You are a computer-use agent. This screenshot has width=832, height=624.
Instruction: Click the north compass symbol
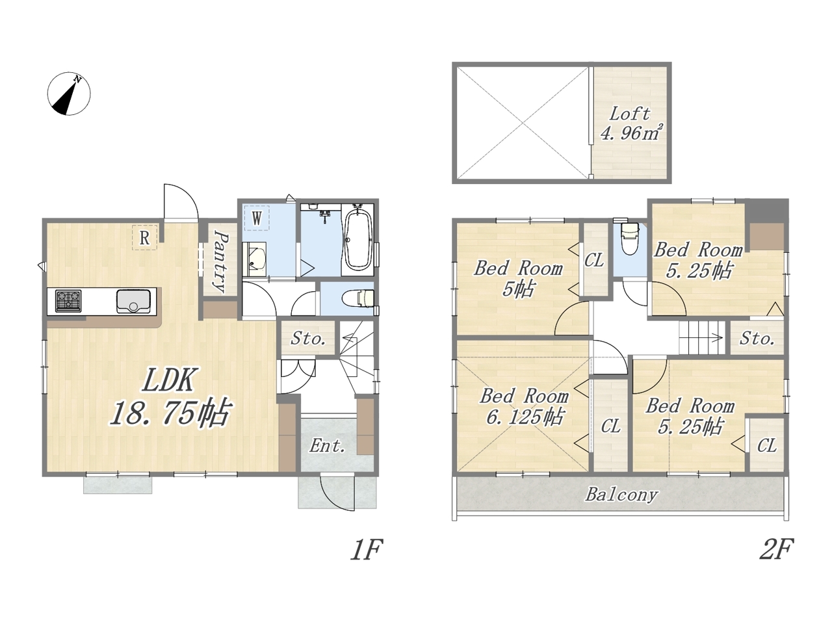tap(69, 93)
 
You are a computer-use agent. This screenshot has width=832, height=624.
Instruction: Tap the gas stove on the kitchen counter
tap(68, 301)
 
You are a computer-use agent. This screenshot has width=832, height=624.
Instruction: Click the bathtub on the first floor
tap(357, 240)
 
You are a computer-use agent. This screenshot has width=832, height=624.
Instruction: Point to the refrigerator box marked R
tap(144, 237)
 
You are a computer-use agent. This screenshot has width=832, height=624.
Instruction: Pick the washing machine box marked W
tap(257, 218)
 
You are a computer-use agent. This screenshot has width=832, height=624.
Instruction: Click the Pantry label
tap(220, 262)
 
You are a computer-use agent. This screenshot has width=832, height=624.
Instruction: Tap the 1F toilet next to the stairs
tap(359, 298)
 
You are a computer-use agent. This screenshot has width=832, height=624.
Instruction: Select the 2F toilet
tap(629, 239)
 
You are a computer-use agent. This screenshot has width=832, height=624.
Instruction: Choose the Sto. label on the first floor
tap(308, 339)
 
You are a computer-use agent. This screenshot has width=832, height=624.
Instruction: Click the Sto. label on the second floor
tap(757, 339)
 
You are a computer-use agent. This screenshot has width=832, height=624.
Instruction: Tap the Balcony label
tap(621, 495)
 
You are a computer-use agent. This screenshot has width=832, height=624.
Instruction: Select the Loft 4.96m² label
tap(630, 123)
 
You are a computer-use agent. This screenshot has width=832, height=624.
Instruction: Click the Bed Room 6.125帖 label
tap(524, 407)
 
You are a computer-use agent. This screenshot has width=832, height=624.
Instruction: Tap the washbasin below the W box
tap(255, 259)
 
